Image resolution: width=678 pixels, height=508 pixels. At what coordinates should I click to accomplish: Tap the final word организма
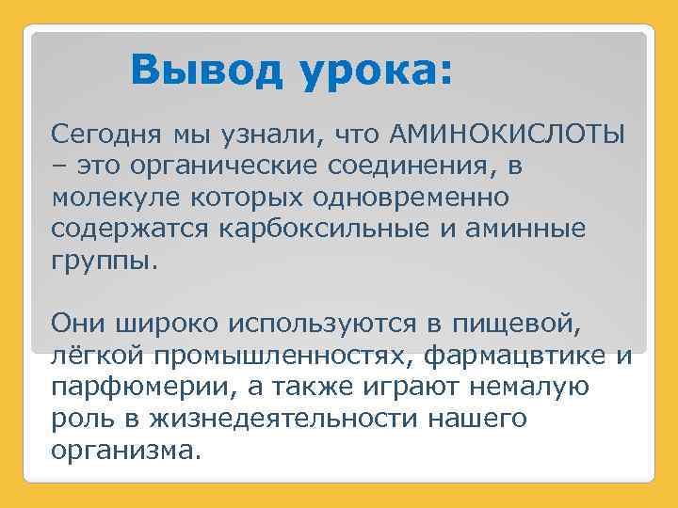pyautogui.click(x=126, y=452)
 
